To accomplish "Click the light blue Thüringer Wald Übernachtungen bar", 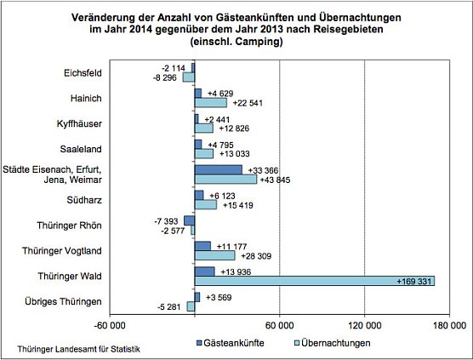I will (315, 280).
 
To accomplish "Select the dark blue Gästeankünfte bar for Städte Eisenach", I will (219, 170).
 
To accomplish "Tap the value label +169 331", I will (415, 281).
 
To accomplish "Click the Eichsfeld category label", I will (83, 72).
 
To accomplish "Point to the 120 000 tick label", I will (364, 325).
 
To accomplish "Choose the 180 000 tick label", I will (448, 325).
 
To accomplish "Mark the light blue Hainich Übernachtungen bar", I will (211, 103).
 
